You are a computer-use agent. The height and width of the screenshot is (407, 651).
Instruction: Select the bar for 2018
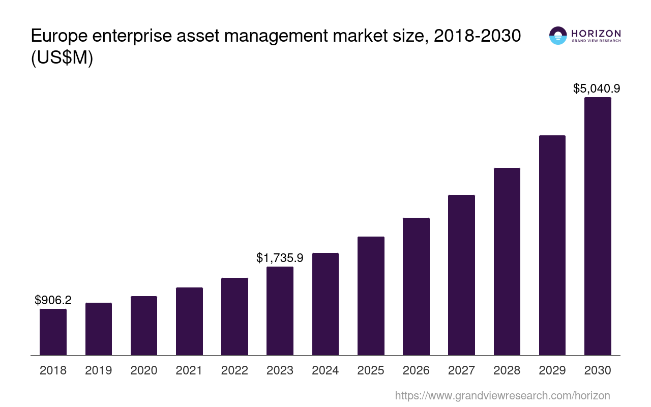pos(53,332)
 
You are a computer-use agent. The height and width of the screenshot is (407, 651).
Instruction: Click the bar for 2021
pos(189,321)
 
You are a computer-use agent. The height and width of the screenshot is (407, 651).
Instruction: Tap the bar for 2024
pos(325,304)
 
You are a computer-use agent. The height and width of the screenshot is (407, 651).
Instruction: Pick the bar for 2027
pos(461,275)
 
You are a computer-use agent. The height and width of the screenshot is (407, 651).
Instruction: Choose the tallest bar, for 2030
pos(598,226)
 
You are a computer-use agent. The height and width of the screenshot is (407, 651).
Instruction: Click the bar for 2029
pos(552,245)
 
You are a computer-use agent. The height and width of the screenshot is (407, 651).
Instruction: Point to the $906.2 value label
pos(53,300)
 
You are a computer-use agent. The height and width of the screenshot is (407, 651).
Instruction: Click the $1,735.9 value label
pos(280,258)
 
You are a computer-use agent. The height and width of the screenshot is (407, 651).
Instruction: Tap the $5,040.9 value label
pos(597,89)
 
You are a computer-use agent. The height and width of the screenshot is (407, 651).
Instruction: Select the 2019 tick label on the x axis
pos(98,370)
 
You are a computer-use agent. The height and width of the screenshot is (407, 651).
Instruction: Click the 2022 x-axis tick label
pos(234,370)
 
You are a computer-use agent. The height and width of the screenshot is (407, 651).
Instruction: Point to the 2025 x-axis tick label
pos(371,370)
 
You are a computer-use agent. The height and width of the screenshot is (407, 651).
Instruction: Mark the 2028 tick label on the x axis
pos(507,370)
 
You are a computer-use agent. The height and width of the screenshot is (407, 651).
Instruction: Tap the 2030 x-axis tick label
pos(598,370)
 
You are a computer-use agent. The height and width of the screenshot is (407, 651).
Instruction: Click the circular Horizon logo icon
pos(558,36)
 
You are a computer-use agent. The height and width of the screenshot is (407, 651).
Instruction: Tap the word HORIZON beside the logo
pos(596,34)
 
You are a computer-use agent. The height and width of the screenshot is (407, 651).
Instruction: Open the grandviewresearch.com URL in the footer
pos(502,395)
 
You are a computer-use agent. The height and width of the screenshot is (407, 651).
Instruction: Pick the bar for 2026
pos(416,286)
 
